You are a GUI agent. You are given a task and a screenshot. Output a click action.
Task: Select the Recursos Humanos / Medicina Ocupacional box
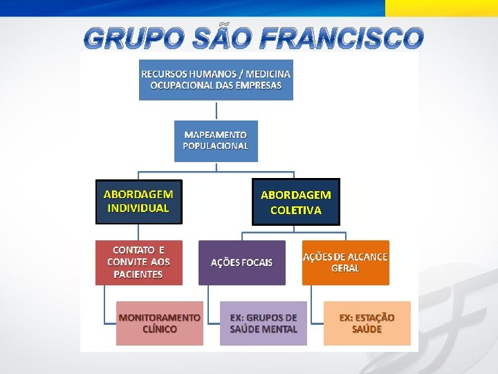pyautogui.click(x=216, y=79)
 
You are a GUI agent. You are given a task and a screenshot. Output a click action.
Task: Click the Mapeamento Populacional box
pyautogui.click(x=216, y=141)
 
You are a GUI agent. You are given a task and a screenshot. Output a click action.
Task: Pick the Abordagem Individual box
pyautogui.click(x=138, y=202)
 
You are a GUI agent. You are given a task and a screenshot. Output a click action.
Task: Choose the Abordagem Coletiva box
pyautogui.click(x=296, y=202)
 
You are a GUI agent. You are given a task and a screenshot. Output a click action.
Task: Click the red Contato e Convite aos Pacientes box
pyautogui.click(x=138, y=262)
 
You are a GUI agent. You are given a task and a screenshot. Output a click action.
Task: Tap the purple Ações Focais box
pyautogui.click(x=241, y=262)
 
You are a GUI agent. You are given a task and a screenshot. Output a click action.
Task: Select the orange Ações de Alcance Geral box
pyautogui.click(x=345, y=262)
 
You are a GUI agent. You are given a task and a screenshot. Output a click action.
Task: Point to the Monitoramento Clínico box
pyautogui.click(x=160, y=323)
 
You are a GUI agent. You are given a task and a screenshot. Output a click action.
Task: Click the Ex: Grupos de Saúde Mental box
pyautogui.click(x=263, y=323)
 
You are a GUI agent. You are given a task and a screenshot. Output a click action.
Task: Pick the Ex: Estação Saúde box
pyautogui.click(x=367, y=323)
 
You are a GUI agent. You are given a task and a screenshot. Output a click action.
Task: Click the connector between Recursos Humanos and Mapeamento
pyautogui.click(x=216, y=111)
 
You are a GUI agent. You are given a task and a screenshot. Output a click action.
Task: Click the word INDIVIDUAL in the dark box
pyautogui.click(x=138, y=208)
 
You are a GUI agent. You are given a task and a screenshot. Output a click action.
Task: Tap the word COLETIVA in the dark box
pyautogui.click(x=296, y=210)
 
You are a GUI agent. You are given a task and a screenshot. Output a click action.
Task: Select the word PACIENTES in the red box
pyautogui.click(x=138, y=274)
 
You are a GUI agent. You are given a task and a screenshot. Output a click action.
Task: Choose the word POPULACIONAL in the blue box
pyautogui.click(x=216, y=146)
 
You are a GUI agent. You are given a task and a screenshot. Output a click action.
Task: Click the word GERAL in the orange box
pyautogui.click(x=345, y=269)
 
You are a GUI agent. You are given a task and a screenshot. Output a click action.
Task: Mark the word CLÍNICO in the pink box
pyautogui.click(x=160, y=330)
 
